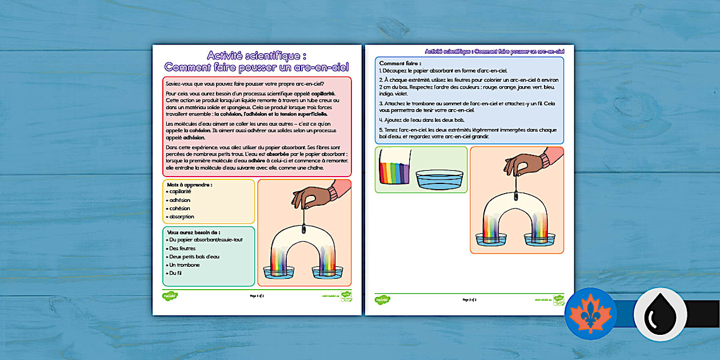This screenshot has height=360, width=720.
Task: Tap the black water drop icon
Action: [x=660, y=314]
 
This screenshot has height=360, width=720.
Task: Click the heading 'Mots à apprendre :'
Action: [x=190, y=185]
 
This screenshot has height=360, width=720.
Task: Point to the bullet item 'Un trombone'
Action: [x=185, y=265]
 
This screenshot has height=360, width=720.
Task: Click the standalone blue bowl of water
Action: [x=439, y=179]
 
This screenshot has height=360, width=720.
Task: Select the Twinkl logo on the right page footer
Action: [x=382, y=299]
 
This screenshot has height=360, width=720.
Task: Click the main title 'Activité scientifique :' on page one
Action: [x=257, y=55]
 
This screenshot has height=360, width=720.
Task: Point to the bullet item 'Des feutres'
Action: [x=182, y=249]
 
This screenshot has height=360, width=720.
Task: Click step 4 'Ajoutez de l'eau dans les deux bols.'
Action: [x=422, y=120]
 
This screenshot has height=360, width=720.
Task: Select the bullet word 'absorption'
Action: [x=182, y=217]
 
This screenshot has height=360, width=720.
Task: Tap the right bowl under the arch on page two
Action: [x=539, y=238]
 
